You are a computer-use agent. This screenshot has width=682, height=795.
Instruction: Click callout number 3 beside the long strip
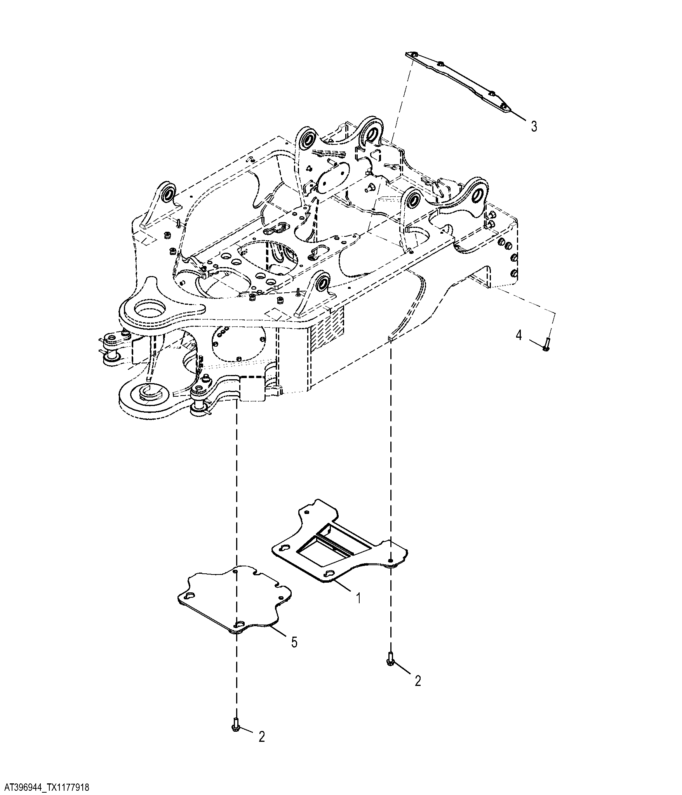tap(534, 126)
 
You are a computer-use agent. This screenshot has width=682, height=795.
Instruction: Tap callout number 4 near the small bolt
tap(519, 335)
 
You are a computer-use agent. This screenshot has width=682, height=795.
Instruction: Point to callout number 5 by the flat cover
tap(294, 653)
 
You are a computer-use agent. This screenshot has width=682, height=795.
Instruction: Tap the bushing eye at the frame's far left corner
tap(170, 194)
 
